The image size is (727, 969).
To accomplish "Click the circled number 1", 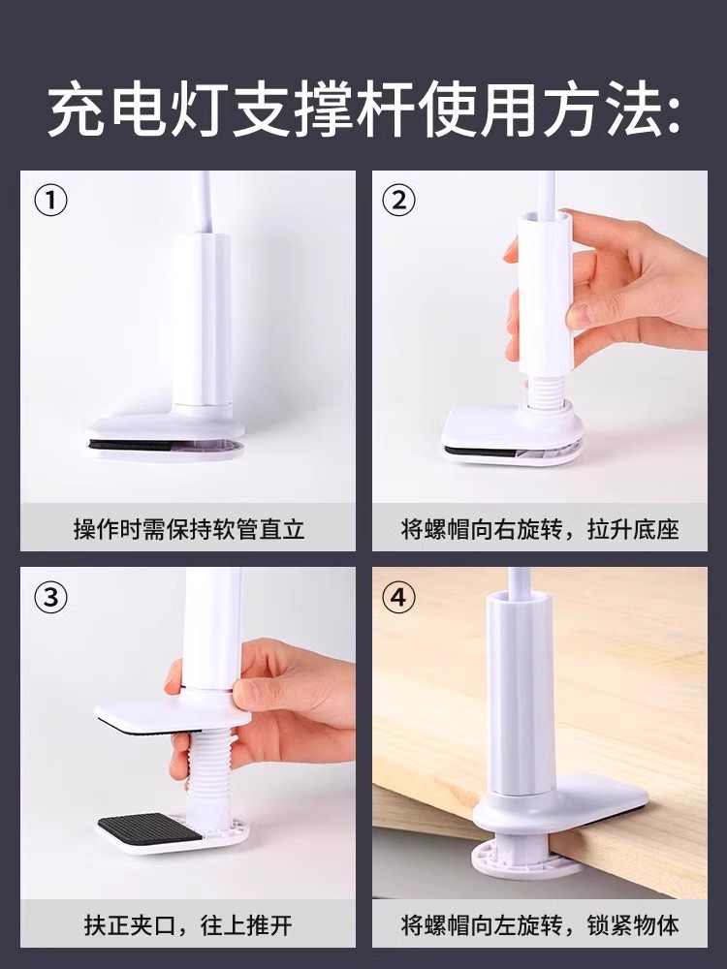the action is [x=50, y=201].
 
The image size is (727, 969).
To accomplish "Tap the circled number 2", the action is [x=399, y=201].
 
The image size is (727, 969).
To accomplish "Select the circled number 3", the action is [x=50, y=598].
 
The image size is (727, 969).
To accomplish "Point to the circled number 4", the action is [x=399, y=598].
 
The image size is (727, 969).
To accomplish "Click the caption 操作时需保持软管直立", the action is [x=189, y=530].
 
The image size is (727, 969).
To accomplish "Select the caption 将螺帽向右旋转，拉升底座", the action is [x=540, y=530].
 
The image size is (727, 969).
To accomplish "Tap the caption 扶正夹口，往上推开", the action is [x=189, y=925].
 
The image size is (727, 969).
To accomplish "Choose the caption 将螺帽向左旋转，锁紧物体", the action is [x=540, y=925].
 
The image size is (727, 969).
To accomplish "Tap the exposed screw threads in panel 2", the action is [x=545, y=389].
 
